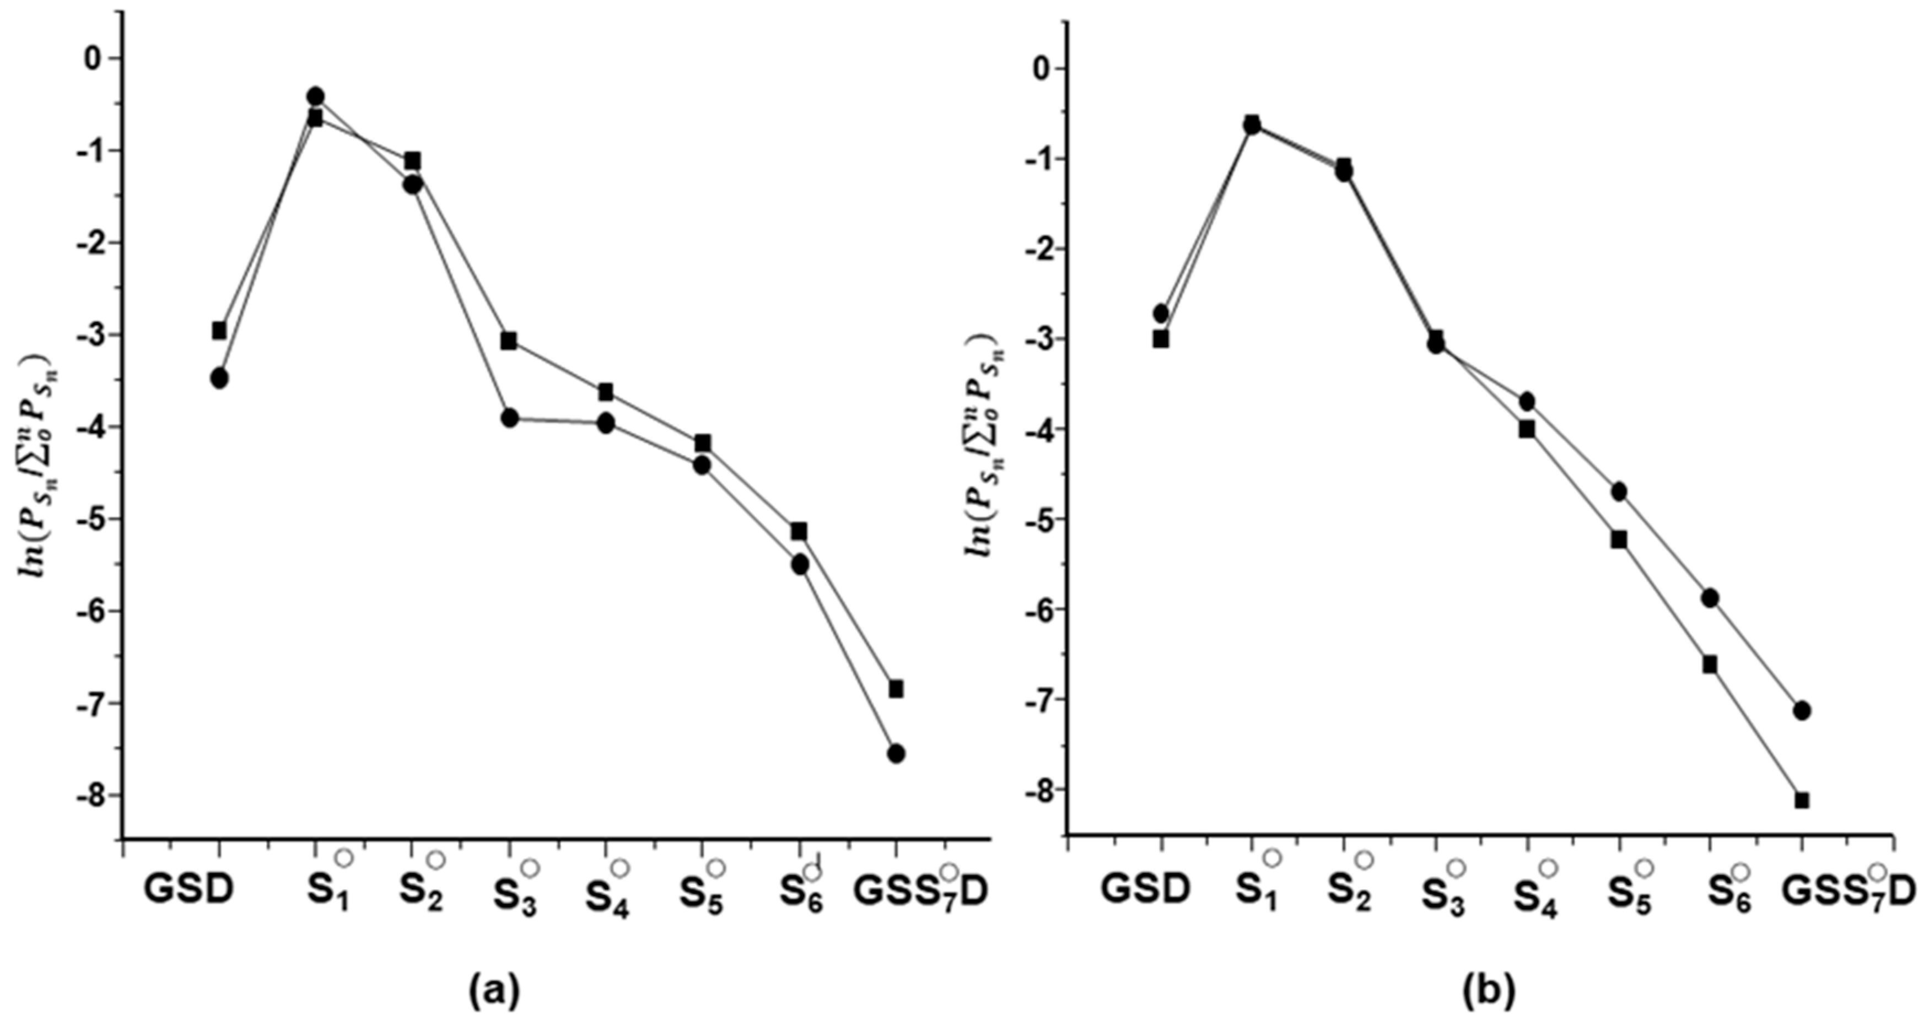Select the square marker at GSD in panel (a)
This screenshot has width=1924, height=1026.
219,330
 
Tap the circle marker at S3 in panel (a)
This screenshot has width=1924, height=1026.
509,418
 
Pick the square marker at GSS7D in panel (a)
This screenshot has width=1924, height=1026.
896,688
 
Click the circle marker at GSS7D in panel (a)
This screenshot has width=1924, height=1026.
896,753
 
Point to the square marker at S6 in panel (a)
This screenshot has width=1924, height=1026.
799,531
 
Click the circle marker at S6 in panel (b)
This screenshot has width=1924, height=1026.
1710,597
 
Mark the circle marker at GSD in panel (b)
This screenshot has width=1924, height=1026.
1161,313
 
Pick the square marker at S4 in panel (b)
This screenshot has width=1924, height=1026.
1527,429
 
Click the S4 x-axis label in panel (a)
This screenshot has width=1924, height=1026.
606,894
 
